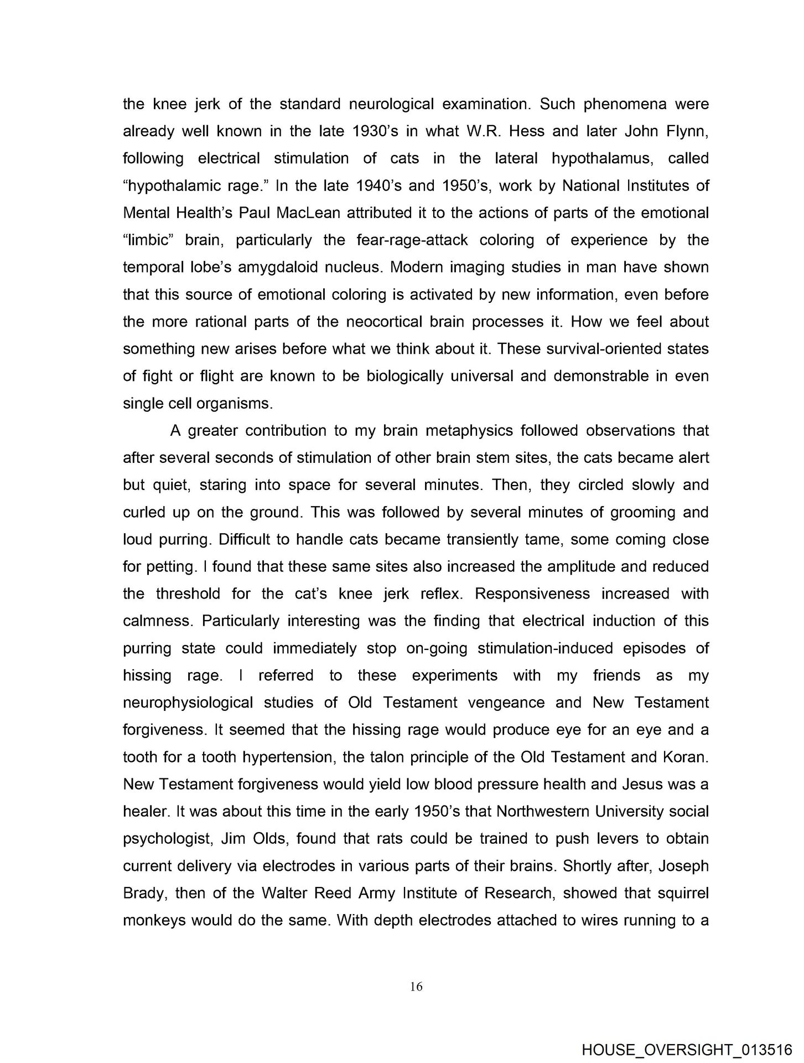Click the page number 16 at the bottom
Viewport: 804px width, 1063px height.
(x=417, y=986)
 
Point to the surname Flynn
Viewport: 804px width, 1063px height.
(x=685, y=131)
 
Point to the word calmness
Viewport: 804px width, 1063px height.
(x=157, y=621)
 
